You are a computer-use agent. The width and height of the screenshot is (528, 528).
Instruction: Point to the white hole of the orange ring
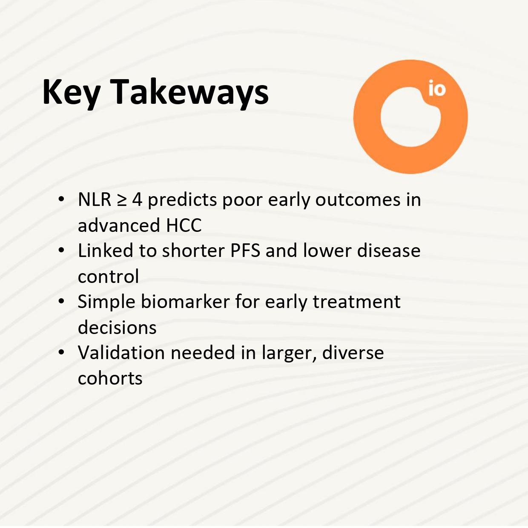click(410, 117)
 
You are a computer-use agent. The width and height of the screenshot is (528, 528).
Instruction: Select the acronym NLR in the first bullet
click(95, 199)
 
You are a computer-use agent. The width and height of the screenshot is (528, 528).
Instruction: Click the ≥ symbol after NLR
click(122, 200)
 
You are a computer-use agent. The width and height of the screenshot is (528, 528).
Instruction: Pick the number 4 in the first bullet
click(137, 199)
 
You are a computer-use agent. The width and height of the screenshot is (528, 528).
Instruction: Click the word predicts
click(182, 200)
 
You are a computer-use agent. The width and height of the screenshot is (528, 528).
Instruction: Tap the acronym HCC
click(184, 225)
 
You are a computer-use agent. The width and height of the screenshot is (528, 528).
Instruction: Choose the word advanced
click(119, 225)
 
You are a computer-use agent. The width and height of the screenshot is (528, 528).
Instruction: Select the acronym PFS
click(245, 251)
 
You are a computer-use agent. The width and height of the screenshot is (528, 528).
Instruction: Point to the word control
click(108, 276)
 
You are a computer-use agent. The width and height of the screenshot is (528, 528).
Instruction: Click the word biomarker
click(185, 301)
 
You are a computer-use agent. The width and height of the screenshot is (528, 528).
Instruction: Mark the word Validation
click(121, 352)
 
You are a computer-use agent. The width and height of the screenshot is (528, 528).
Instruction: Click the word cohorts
click(110, 378)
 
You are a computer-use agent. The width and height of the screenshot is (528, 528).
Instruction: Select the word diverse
click(353, 352)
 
